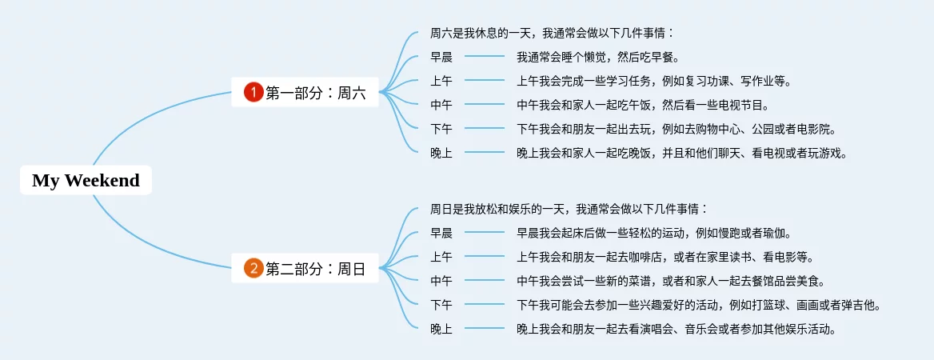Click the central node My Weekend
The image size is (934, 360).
[x=86, y=181]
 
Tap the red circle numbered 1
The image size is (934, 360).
[x=253, y=93]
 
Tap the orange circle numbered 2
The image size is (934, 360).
[x=253, y=269]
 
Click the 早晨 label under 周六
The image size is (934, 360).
[x=441, y=57]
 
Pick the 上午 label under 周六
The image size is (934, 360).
[x=441, y=81]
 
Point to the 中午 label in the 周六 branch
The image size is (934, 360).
[x=441, y=105]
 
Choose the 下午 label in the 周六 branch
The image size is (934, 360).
[x=441, y=129]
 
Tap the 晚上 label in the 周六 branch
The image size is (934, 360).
[x=441, y=153]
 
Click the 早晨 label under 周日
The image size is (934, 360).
[x=441, y=233]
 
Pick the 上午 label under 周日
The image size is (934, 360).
[x=441, y=257]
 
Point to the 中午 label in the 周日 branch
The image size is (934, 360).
[x=441, y=281]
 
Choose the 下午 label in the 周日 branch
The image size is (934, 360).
[x=441, y=305]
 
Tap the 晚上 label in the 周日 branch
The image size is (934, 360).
[x=441, y=329]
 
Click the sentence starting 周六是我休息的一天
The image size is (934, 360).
[x=553, y=33]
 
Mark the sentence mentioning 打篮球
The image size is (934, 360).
[x=699, y=305]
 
